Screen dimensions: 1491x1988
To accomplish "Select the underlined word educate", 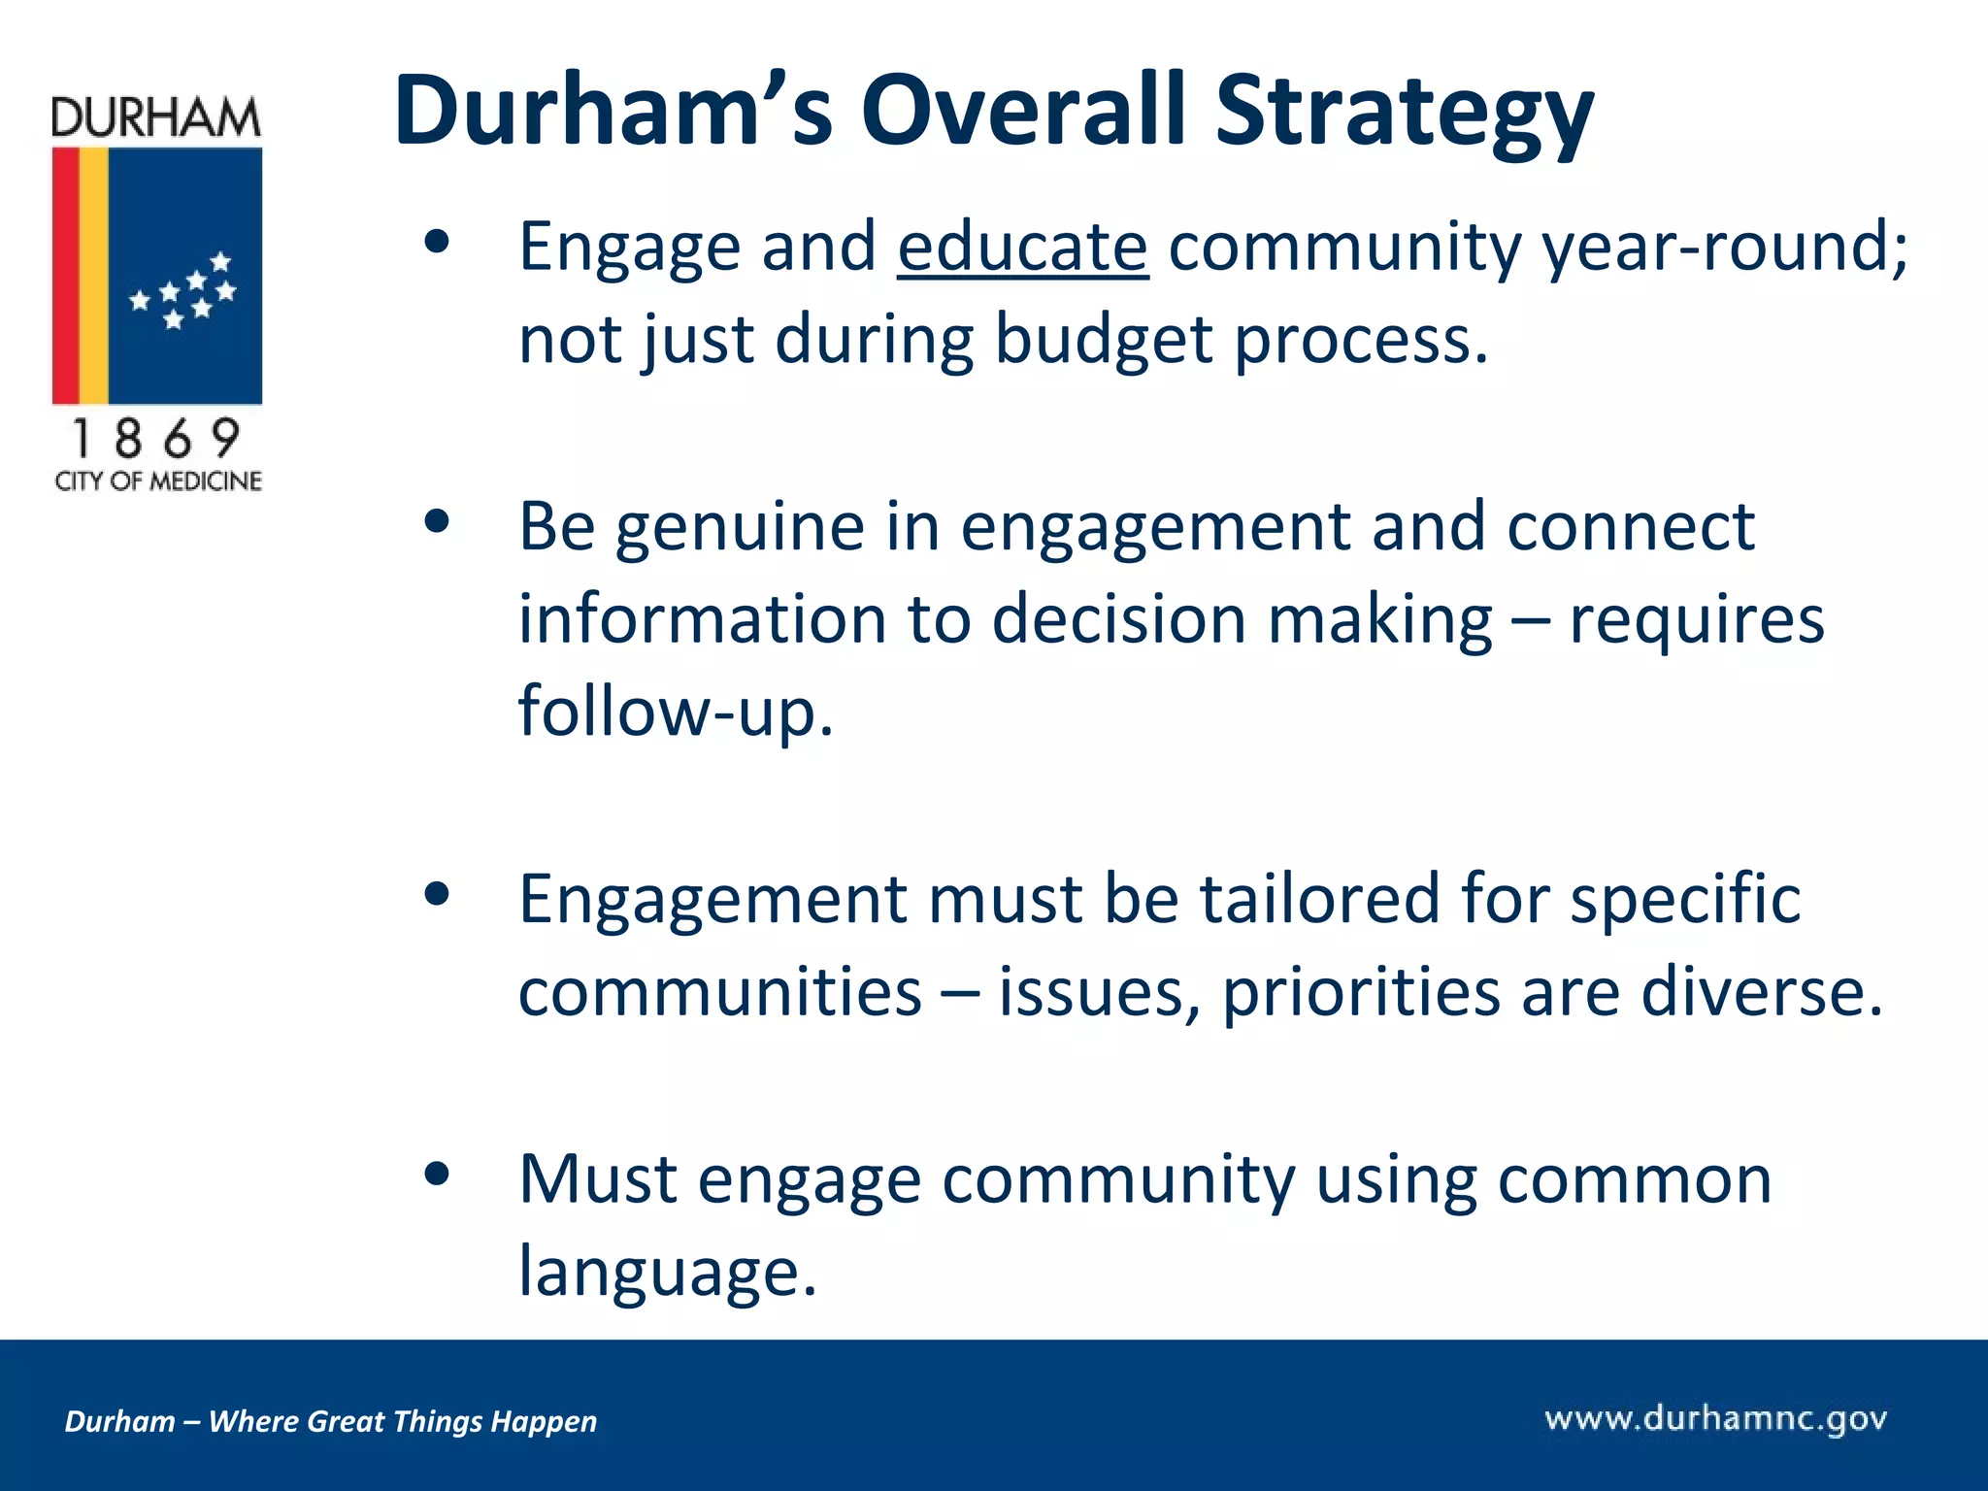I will coord(1022,247).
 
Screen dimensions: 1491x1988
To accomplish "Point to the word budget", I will coord(1103,340).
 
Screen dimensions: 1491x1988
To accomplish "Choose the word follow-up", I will coord(676,712).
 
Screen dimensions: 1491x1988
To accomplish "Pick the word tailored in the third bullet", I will coord(1319,898).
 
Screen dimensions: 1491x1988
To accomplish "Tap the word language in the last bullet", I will coord(666,1271).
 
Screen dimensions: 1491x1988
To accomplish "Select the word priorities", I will coord(1360,992).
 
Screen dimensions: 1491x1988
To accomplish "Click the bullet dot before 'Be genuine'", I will coord(438,522).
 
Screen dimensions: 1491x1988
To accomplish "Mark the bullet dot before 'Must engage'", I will coord(438,1174).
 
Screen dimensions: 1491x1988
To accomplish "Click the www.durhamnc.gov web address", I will coord(1715,1419).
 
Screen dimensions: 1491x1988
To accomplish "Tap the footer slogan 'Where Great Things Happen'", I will coord(402,1421).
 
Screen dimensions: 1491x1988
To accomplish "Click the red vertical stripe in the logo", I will coord(65,276).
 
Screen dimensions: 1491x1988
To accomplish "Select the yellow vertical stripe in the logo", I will coord(93,276).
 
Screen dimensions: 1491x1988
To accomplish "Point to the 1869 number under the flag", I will coord(156,439).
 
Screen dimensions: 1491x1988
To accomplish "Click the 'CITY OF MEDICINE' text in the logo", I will coord(158,481).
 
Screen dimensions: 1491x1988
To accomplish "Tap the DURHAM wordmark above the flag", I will coord(156,118).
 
